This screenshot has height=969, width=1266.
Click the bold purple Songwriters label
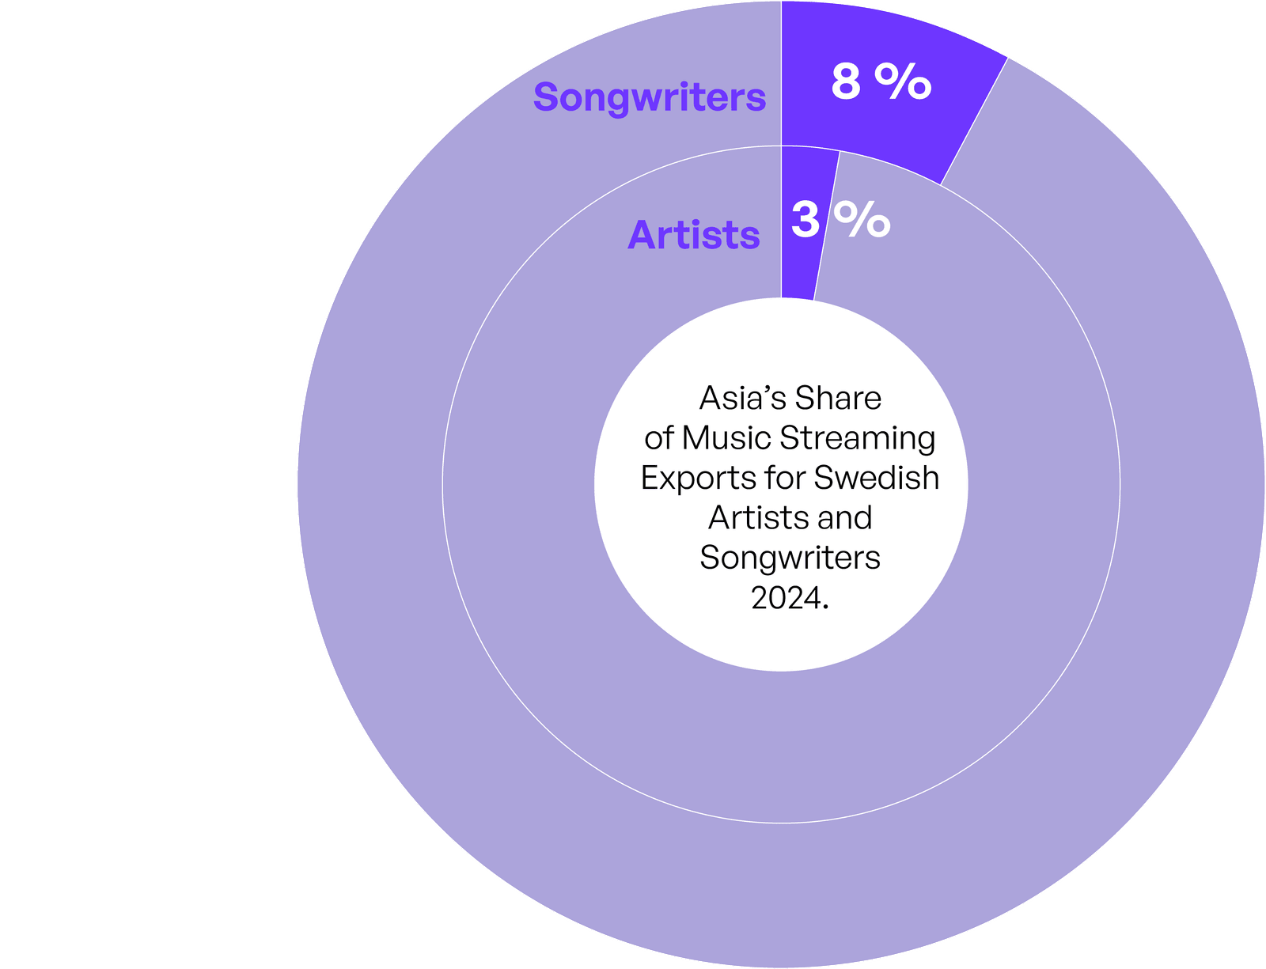[649, 98]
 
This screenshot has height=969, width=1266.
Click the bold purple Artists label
[693, 235]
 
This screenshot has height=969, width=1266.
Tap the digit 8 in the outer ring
[845, 81]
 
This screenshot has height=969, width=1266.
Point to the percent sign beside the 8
[903, 81]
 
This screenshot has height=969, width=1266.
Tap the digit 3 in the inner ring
[805, 220]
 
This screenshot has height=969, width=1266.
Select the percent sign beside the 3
[862, 220]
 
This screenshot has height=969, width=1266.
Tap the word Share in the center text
[838, 399]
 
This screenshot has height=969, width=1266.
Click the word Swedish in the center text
[876, 478]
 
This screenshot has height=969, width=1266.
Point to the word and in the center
[845, 517]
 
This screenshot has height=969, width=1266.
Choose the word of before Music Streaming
[659, 438]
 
